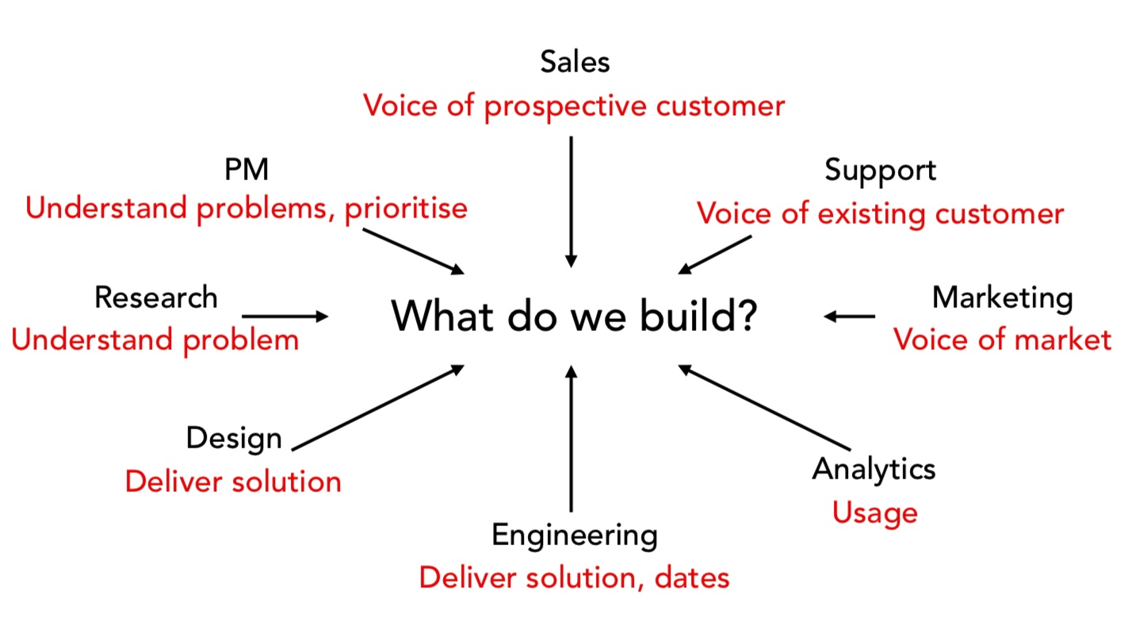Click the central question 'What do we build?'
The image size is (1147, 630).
click(x=575, y=317)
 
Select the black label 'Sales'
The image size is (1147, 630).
click(x=575, y=62)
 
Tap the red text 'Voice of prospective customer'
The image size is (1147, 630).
click(x=574, y=106)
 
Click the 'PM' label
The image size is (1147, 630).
click(x=247, y=169)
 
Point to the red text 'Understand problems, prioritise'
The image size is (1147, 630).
click(x=247, y=209)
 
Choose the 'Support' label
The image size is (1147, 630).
click(x=880, y=170)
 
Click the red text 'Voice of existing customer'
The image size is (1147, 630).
click(x=880, y=213)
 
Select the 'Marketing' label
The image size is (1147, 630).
click(x=1002, y=298)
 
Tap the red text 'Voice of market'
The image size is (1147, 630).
click(x=1002, y=340)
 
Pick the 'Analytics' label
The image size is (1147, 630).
click(x=874, y=469)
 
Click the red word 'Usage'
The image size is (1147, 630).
click(x=874, y=513)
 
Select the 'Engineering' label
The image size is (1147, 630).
click(x=575, y=535)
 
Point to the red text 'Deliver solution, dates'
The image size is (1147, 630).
click(x=574, y=578)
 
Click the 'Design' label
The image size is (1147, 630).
click(x=234, y=438)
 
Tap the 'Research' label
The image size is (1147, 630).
click(x=155, y=298)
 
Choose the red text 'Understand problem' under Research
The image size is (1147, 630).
click(x=155, y=340)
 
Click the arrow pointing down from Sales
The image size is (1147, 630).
click(x=571, y=202)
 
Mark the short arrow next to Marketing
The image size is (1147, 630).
click(x=850, y=317)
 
